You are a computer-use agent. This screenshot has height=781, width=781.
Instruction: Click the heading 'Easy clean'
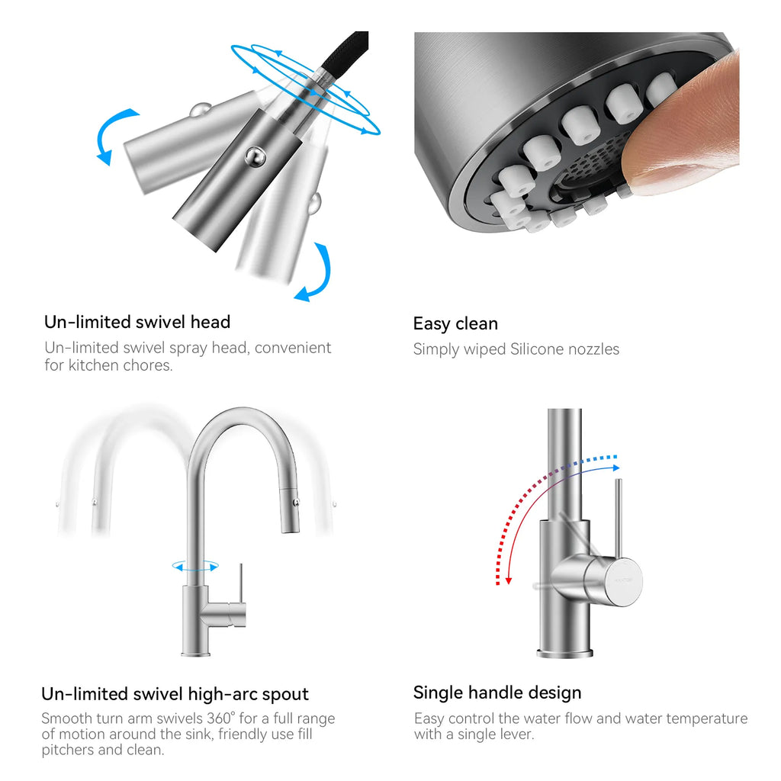[x=455, y=323]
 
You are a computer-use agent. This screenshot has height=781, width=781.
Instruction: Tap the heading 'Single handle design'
[x=497, y=693]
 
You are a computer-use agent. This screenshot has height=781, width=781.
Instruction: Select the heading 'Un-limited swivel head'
[x=137, y=322]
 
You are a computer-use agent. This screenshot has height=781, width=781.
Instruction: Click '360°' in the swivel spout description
[x=221, y=718]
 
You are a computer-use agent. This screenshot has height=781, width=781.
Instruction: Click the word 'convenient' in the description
[x=293, y=348]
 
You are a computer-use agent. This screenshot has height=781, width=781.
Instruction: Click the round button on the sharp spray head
[x=255, y=157]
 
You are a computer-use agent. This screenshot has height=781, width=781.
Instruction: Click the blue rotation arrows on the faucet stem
[x=195, y=567]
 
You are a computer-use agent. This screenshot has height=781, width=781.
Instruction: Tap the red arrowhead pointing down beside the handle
[x=509, y=580]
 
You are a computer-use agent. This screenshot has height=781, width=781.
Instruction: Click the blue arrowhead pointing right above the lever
[x=616, y=468]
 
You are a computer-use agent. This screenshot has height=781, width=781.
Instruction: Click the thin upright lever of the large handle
[x=618, y=518]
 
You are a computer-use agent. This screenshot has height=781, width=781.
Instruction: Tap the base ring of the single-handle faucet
[x=565, y=653]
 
